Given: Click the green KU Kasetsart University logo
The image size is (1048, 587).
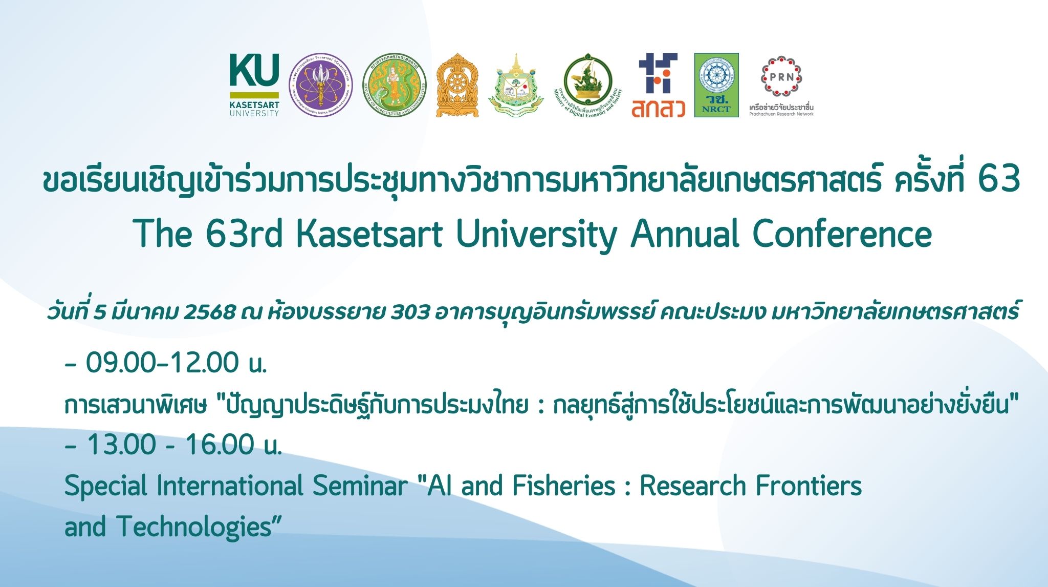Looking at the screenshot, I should [254, 85].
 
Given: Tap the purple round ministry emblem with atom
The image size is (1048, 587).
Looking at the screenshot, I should [321, 85].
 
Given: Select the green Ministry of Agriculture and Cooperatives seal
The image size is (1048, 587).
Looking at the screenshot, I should [394, 85].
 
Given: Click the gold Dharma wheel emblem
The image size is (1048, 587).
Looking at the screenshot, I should [457, 85].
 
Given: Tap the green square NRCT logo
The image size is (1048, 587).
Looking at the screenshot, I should [716, 85].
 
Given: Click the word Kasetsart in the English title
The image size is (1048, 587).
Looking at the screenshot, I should [369, 234].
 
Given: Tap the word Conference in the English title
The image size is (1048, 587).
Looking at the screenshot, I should [842, 234].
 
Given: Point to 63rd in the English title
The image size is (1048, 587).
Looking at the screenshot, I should [244, 234].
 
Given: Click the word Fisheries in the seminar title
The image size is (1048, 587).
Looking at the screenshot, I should [563, 486].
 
